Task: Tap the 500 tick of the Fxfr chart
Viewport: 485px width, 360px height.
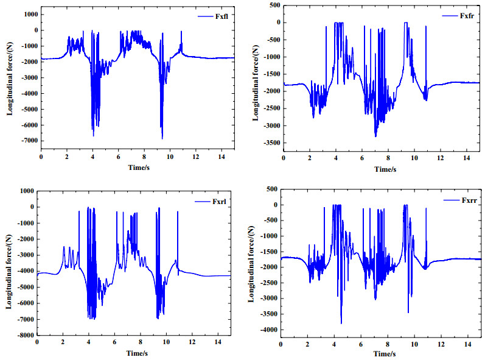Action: point(273,5)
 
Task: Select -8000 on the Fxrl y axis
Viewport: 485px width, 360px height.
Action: point(24,335)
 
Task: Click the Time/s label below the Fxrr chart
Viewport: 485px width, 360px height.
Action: point(381,353)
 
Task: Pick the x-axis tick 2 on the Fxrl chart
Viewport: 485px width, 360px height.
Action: point(63,343)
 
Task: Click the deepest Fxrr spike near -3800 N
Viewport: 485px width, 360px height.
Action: point(341,323)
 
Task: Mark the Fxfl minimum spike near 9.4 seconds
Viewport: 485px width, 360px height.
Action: point(162,138)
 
